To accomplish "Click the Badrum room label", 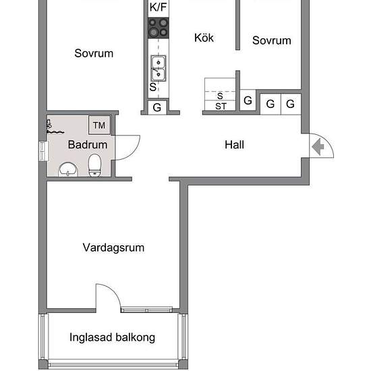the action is [x=88, y=144].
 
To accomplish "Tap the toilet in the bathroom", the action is [x=94, y=165].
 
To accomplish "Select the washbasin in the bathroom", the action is [x=68, y=169].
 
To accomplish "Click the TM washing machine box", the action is [x=99, y=125].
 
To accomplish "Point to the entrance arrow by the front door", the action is [x=318, y=147].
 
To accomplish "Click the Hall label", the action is [x=234, y=144].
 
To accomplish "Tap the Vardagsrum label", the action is [x=113, y=248].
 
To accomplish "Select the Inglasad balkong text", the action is [x=113, y=337].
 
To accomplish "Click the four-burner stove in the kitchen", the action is [x=159, y=28].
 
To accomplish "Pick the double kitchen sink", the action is [x=159, y=68].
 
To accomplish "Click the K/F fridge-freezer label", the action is [x=159, y=7].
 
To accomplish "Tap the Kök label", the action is [x=204, y=38].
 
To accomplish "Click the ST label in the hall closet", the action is [x=221, y=106].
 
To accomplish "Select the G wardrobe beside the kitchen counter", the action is [x=157, y=107].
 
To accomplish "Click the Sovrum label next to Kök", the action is [x=272, y=40].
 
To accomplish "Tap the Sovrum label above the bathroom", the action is [x=94, y=53].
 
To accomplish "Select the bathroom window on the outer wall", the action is [x=44, y=151].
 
